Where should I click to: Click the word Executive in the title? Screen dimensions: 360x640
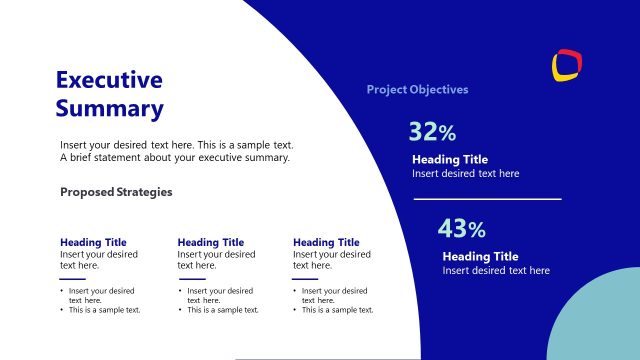tap(108, 80)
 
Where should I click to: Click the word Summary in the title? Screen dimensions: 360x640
tap(109, 108)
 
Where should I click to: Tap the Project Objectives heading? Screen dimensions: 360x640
tap(417, 90)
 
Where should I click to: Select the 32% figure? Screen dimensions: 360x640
tap(432, 132)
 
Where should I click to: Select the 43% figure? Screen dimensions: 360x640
tap(461, 229)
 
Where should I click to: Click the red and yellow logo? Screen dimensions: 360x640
tap(567, 64)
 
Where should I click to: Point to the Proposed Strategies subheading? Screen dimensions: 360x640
tap(116, 192)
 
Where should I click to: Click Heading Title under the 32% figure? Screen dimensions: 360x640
tap(450, 160)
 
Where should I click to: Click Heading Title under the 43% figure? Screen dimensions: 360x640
tap(480, 257)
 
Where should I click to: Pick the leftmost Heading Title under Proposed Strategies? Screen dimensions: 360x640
tap(93, 242)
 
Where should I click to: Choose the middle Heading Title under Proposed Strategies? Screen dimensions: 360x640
tap(210, 242)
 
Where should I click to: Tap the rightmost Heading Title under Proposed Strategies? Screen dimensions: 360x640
tap(326, 242)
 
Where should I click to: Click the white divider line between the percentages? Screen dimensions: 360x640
tap(487, 199)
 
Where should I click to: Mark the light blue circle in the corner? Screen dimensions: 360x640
tap(600, 320)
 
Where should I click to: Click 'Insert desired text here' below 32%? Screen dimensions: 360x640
tap(465, 174)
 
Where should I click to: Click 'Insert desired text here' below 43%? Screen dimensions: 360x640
tap(496, 271)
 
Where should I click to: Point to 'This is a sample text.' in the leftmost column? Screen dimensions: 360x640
tap(104, 310)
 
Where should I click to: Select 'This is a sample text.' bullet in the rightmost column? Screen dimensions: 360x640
tap(337, 310)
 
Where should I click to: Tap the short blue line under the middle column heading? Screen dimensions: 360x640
tap(190, 279)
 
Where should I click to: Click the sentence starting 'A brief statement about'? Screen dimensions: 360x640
tap(174, 158)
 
